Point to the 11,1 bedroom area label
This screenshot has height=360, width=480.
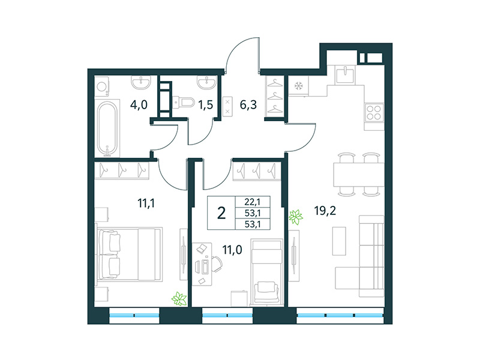146,203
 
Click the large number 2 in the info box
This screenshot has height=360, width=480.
221,212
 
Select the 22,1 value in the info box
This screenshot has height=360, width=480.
253,202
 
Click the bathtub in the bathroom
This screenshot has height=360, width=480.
109,127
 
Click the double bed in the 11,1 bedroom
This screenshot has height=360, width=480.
130,253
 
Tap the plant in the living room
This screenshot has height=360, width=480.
295,217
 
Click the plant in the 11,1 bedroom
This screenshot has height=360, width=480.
178,298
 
